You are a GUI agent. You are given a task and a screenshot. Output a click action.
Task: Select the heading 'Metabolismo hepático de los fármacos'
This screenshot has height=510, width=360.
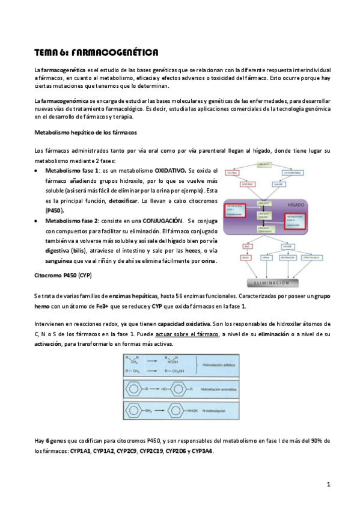click(85, 132)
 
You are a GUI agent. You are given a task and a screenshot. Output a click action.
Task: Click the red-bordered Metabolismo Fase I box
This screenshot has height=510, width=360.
click(236, 210)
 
